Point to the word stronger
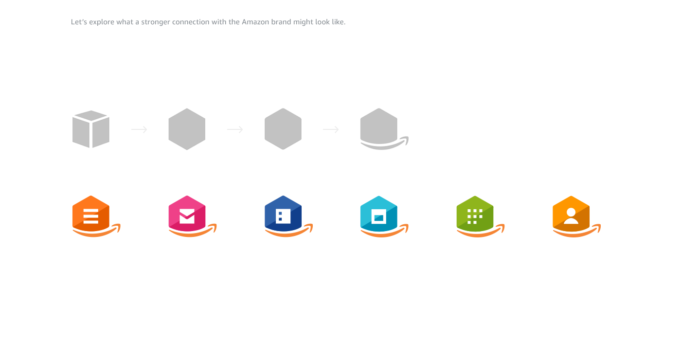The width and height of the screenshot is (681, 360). (x=155, y=22)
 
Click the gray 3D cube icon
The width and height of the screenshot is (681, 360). (x=91, y=129)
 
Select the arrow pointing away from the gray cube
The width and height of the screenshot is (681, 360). (x=139, y=129)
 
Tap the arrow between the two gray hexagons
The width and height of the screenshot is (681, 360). (x=235, y=129)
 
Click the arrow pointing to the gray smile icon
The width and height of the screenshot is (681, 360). (x=331, y=129)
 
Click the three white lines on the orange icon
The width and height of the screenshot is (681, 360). (x=91, y=216)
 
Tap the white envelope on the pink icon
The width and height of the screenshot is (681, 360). (x=187, y=216)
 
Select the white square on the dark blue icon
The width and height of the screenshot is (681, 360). (x=283, y=216)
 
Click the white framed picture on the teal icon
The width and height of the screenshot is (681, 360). (x=379, y=216)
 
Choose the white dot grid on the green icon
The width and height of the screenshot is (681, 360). (x=475, y=216)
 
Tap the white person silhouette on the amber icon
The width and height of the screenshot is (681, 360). (x=571, y=216)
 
